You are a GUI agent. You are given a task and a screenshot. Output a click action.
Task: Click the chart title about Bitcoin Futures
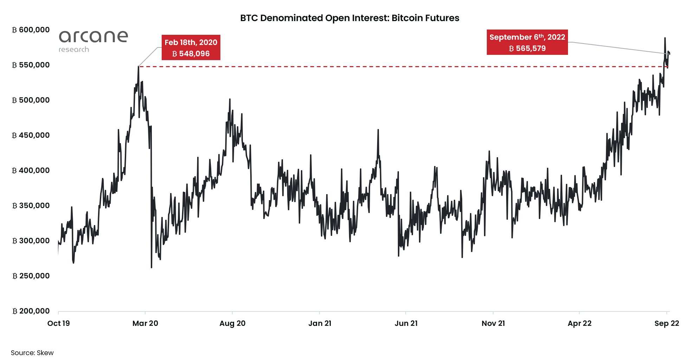[x=349, y=18]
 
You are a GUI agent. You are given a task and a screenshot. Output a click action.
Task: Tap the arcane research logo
[x=93, y=41]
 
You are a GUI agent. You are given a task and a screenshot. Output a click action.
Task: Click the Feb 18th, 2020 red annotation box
[x=191, y=47]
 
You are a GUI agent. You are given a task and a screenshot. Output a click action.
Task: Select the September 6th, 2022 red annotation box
[x=527, y=42]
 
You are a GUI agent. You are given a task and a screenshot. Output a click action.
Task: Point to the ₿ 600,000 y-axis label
[x=31, y=30]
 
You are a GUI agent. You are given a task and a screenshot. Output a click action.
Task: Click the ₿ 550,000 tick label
[x=31, y=65]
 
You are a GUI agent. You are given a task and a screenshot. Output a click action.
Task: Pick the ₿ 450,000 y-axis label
[x=31, y=135]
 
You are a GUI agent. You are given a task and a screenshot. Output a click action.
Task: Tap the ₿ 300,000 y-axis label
[x=31, y=241]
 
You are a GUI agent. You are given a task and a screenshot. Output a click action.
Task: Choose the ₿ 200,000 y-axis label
[x=31, y=311]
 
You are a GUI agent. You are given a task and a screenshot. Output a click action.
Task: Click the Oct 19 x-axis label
[x=58, y=323]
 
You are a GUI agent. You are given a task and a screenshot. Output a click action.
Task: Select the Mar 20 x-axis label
[x=145, y=323]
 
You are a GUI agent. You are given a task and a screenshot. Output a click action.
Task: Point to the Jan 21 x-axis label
[x=320, y=323]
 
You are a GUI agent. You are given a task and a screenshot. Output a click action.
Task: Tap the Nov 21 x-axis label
[x=493, y=323]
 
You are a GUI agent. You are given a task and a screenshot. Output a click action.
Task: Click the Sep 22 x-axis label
[x=666, y=323]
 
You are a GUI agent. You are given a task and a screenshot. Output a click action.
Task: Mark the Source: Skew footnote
[x=32, y=353]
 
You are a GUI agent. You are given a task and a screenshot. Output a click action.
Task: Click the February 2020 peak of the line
[x=138, y=66]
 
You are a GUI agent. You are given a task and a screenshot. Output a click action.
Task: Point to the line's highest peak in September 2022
[x=665, y=38]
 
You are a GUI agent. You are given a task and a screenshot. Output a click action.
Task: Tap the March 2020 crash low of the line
[x=151, y=268]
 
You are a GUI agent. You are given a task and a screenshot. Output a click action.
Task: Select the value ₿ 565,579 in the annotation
[x=527, y=49]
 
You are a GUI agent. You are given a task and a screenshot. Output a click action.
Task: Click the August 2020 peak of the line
[x=230, y=99]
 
